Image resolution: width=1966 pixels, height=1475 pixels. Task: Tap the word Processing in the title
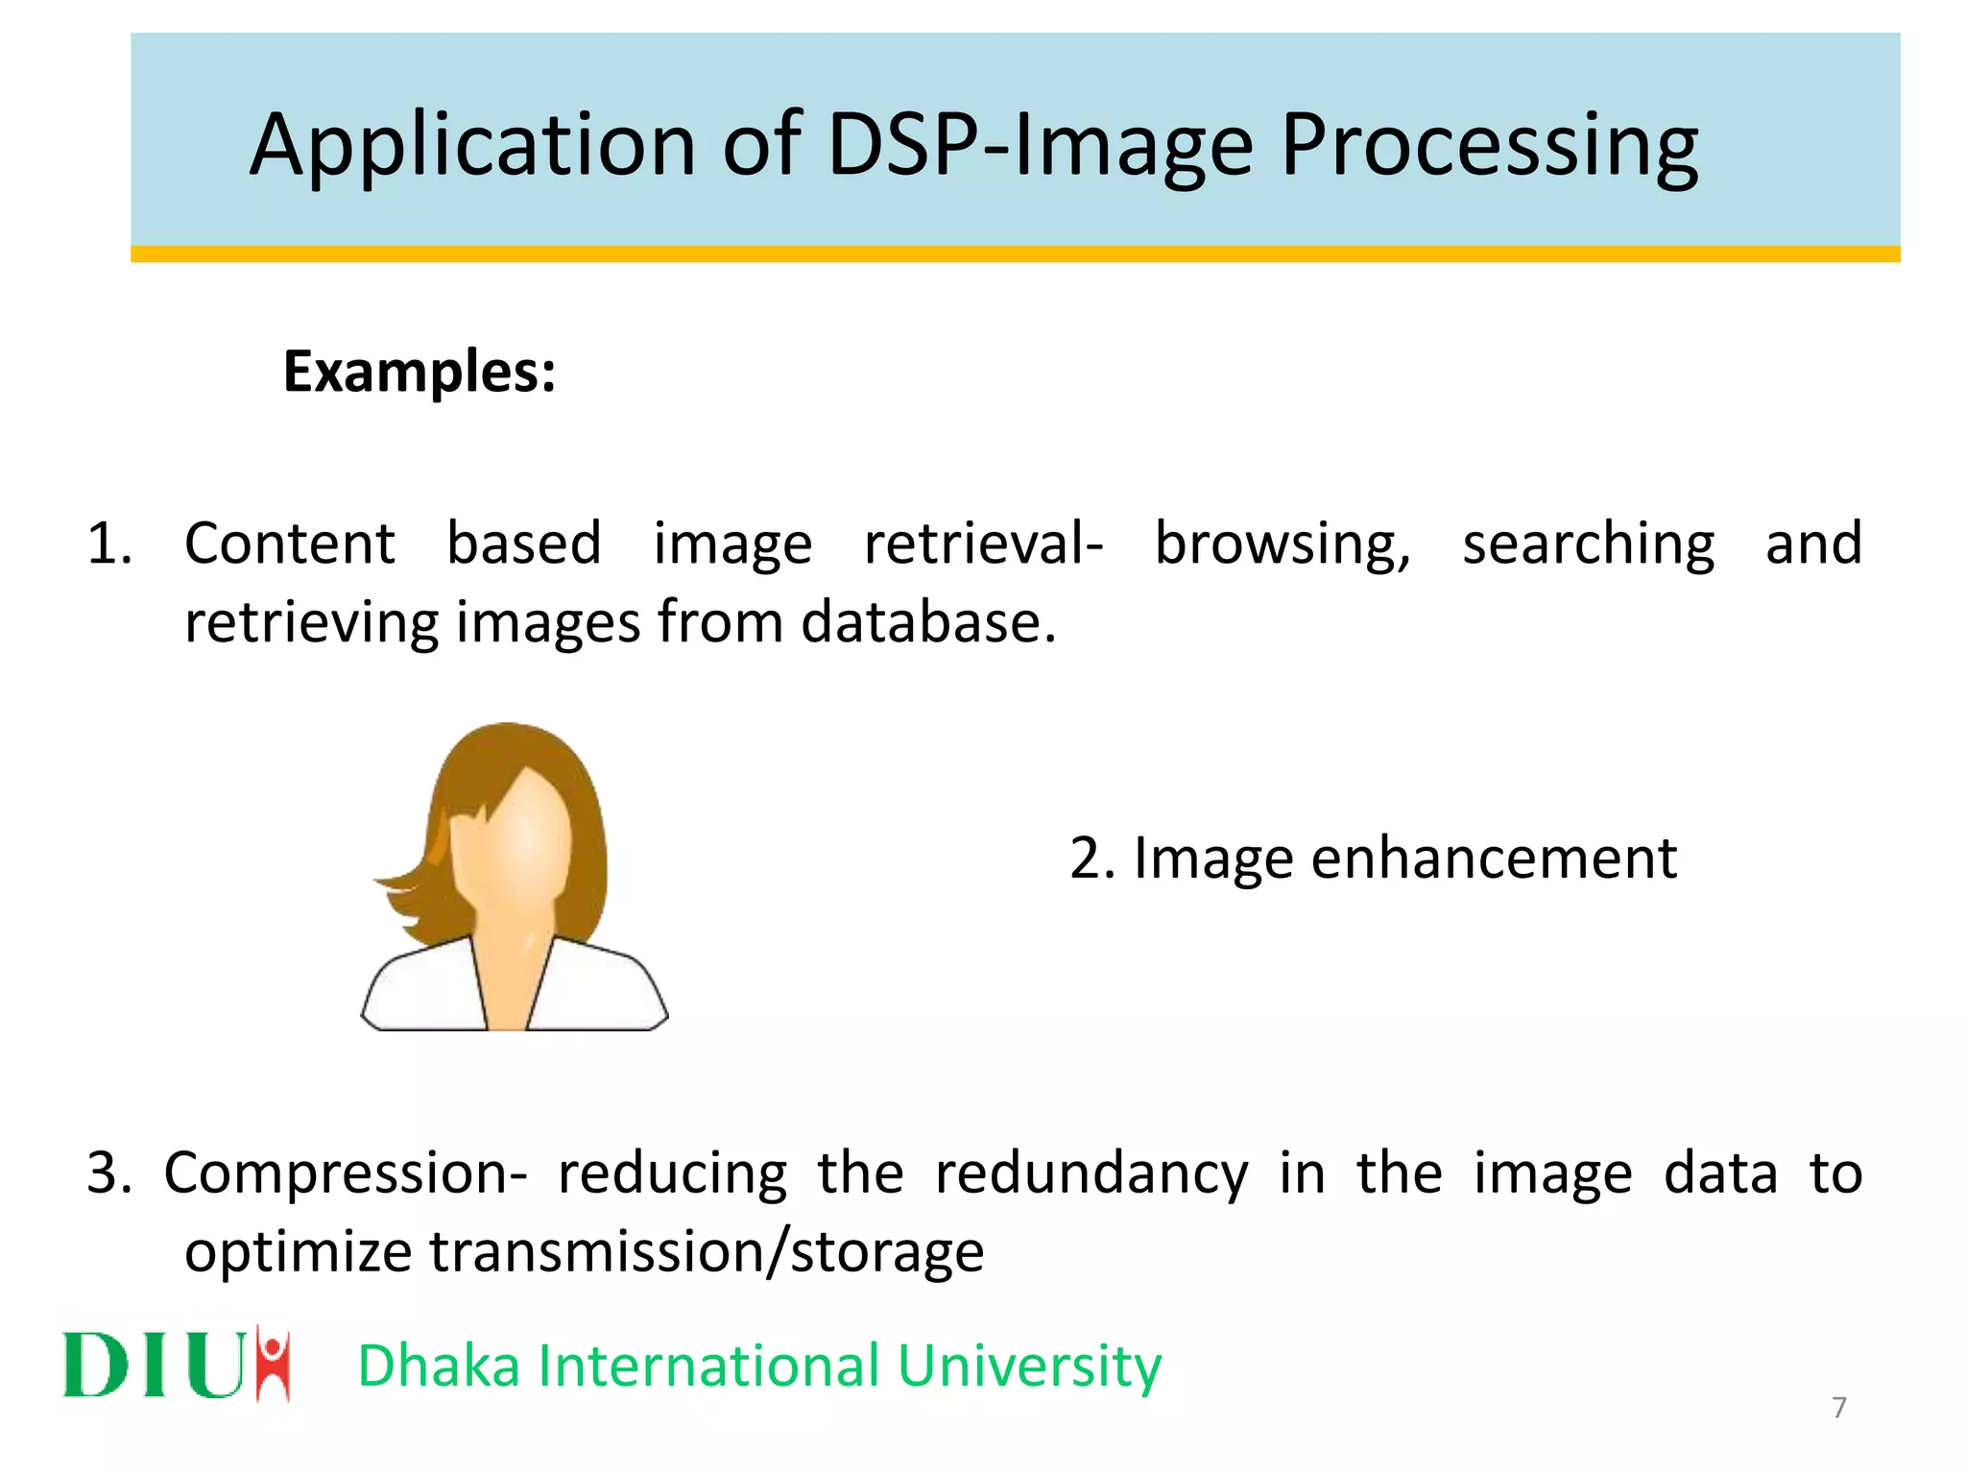pyautogui.click(x=1489, y=146)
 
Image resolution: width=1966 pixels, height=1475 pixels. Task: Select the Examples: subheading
pyautogui.click(x=420, y=372)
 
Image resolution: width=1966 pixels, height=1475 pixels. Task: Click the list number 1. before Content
pyautogui.click(x=109, y=544)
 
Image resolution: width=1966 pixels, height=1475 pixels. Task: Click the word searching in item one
pyautogui.click(x=1588, y=544)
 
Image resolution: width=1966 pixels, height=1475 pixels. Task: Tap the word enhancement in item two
pyautogui.click(x=1494, y=858)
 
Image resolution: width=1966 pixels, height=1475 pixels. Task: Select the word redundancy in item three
pyautogui.click(x=1091, y=1173)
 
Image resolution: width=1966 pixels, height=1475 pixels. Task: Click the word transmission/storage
pyautogui.click(x=707, y=1252)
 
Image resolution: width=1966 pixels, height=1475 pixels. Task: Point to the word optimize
pyautogui.click(x=298, y=1252)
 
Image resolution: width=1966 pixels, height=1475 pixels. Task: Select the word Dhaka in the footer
pyautogui.click(x=439, y=1366)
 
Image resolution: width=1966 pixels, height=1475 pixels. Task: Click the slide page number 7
pyautogui.click(x=1838, y=1408)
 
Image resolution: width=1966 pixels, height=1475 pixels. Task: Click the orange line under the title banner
pyautogui.click(x=1015, y=254)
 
